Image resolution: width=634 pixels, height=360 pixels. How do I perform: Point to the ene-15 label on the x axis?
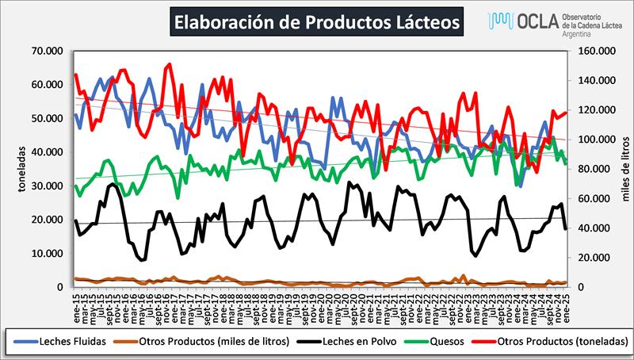[x=76, y=303]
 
